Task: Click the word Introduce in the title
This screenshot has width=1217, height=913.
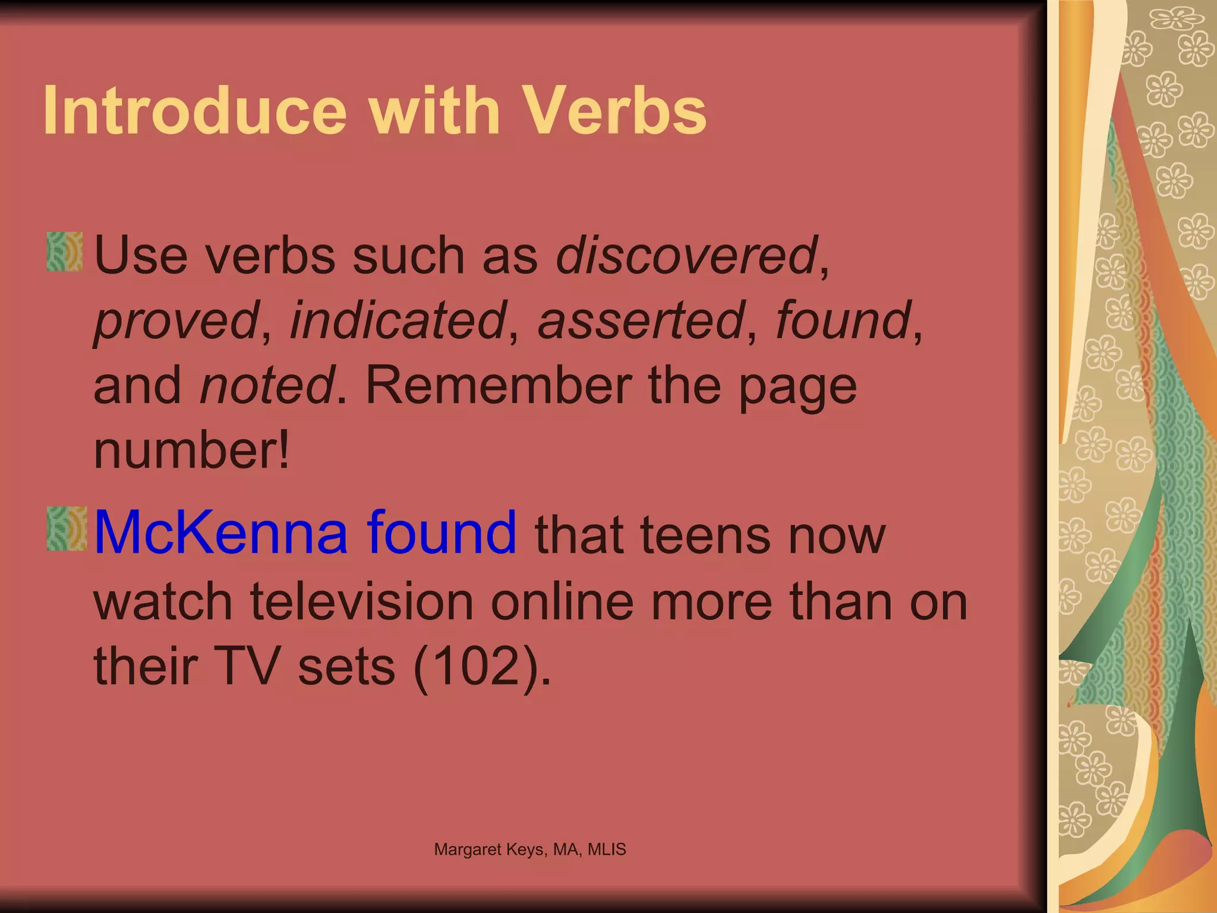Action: click(195, 111)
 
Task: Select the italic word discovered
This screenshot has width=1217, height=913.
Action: click(686, 256)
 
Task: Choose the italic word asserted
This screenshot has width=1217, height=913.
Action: click(641, 321)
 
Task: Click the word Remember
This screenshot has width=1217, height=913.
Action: click(498, 386)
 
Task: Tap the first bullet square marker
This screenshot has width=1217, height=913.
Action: click(65, 252)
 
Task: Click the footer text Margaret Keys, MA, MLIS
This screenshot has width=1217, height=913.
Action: click(530, 849)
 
